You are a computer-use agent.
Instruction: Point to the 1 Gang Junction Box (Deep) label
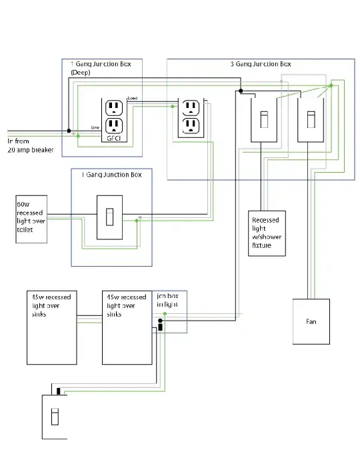[x=101, y=67]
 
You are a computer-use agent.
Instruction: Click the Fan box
[x=311, y=321]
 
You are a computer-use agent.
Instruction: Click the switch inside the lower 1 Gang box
[x=109, y=217]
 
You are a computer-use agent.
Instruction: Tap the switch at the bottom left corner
[x=55, y=416]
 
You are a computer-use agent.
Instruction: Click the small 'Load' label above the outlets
[x=133, y=99]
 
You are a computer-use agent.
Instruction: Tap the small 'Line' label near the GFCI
[x=95, y=125]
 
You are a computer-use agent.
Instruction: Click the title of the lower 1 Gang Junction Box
[x=111, y=175]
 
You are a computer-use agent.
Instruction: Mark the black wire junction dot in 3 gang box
[x=241, y=90]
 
